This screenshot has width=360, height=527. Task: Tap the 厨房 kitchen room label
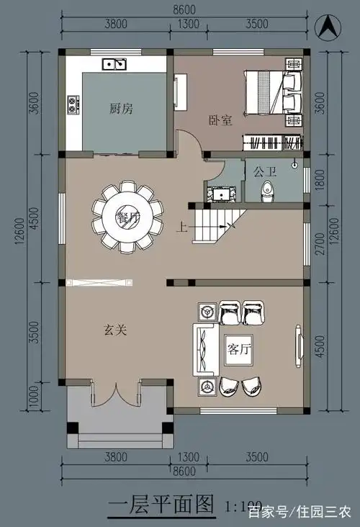121,109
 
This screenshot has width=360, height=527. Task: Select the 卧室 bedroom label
220,121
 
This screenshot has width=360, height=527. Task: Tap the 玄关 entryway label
115,330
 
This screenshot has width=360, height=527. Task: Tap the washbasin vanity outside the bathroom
220,193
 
